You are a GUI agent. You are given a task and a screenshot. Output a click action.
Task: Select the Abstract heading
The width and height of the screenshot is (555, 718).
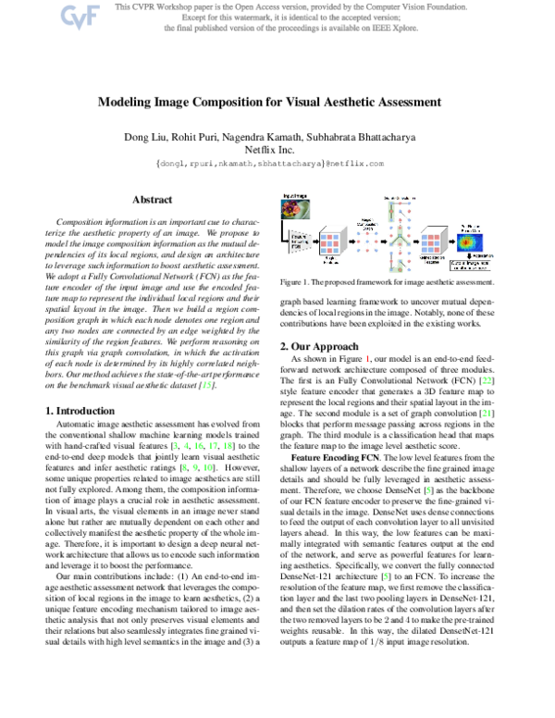152,199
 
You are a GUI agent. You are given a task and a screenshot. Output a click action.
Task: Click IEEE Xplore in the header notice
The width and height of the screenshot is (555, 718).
370,29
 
